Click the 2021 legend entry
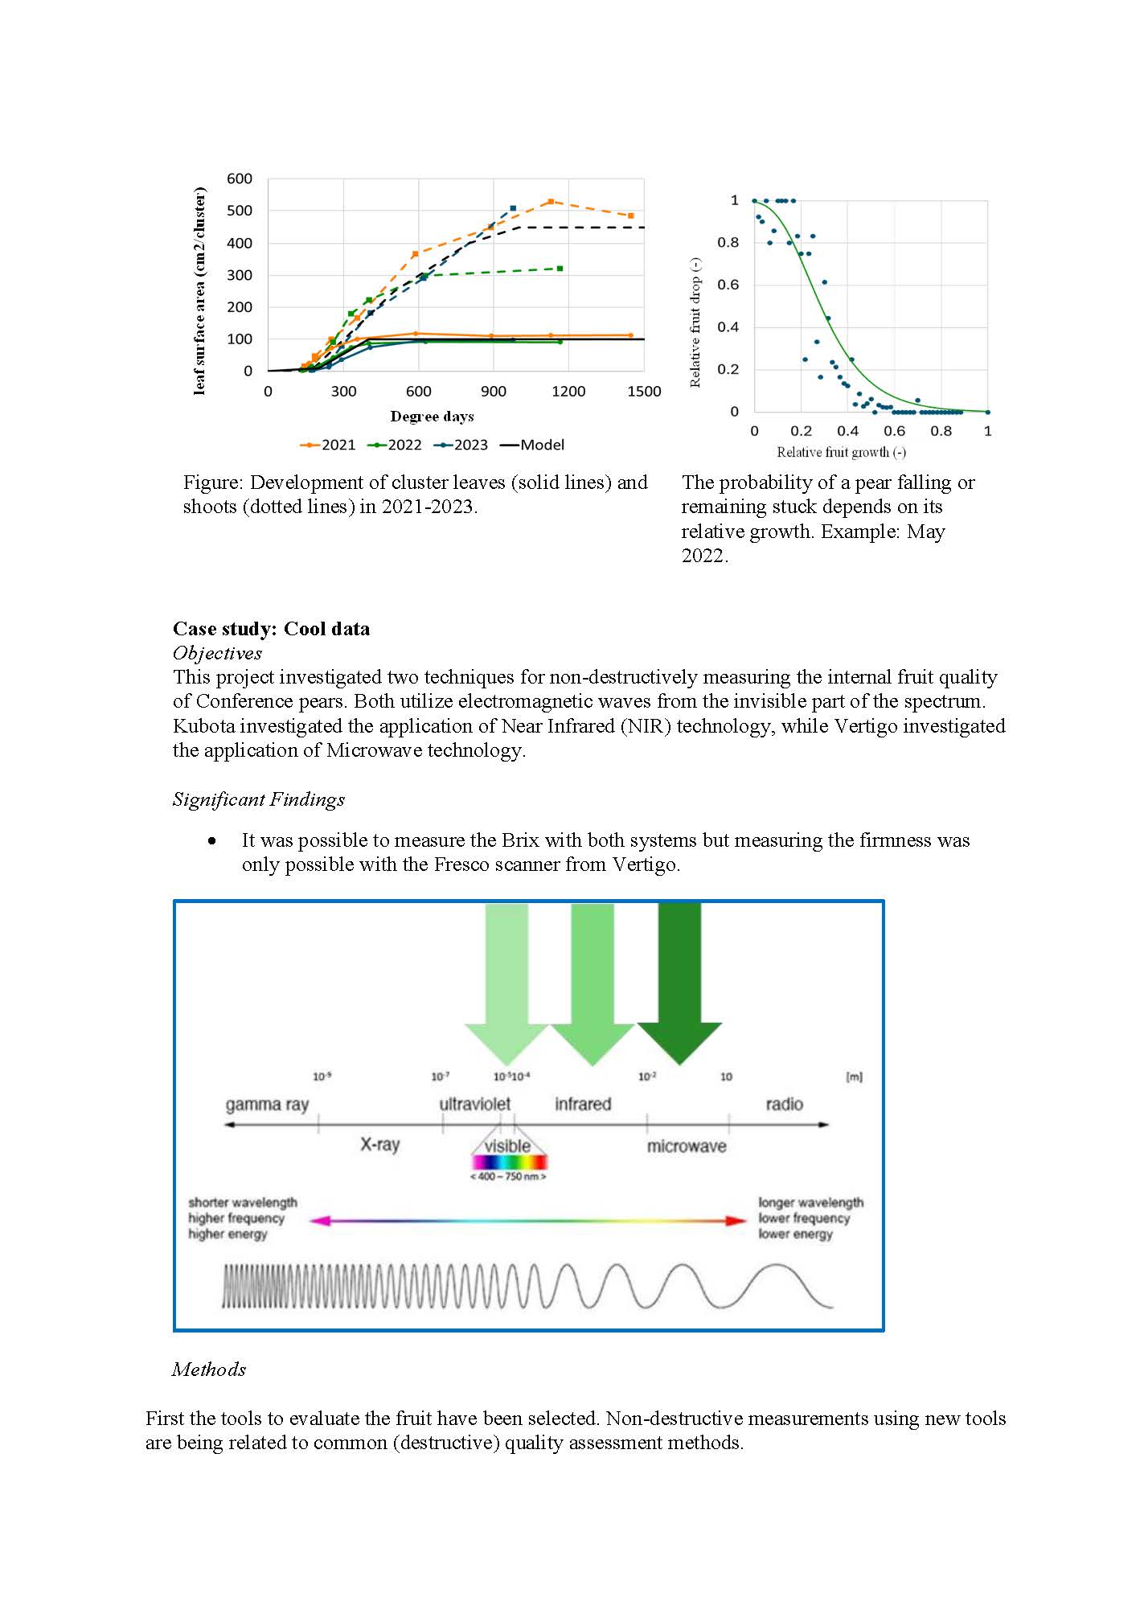point(328,445)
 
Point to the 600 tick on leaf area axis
point(239,179)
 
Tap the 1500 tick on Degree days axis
point(644,392)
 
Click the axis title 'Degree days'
point(432,417)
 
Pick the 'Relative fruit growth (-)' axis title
point(841,452)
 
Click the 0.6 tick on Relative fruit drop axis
point(728,285)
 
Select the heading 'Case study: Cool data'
point(271,629)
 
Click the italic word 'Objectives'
point(217,653)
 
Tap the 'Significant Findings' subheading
point(258,799)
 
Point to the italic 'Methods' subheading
point(208,1370)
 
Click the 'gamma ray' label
point(267,1104)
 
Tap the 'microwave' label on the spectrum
point(687,1146)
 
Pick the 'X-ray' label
point(379,1144)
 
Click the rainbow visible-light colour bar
point(509,1162)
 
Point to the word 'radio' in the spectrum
point(784,1104)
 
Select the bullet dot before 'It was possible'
point(212,841)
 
